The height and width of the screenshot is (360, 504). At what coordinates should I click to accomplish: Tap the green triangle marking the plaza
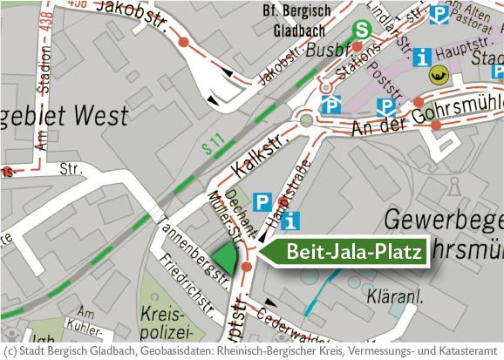point(227,258)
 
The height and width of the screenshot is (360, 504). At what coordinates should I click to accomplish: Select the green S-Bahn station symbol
point(361,30)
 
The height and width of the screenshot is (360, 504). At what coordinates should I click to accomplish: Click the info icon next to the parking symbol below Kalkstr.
point(291,221)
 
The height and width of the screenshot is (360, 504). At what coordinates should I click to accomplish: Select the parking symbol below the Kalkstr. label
point(262,202)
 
